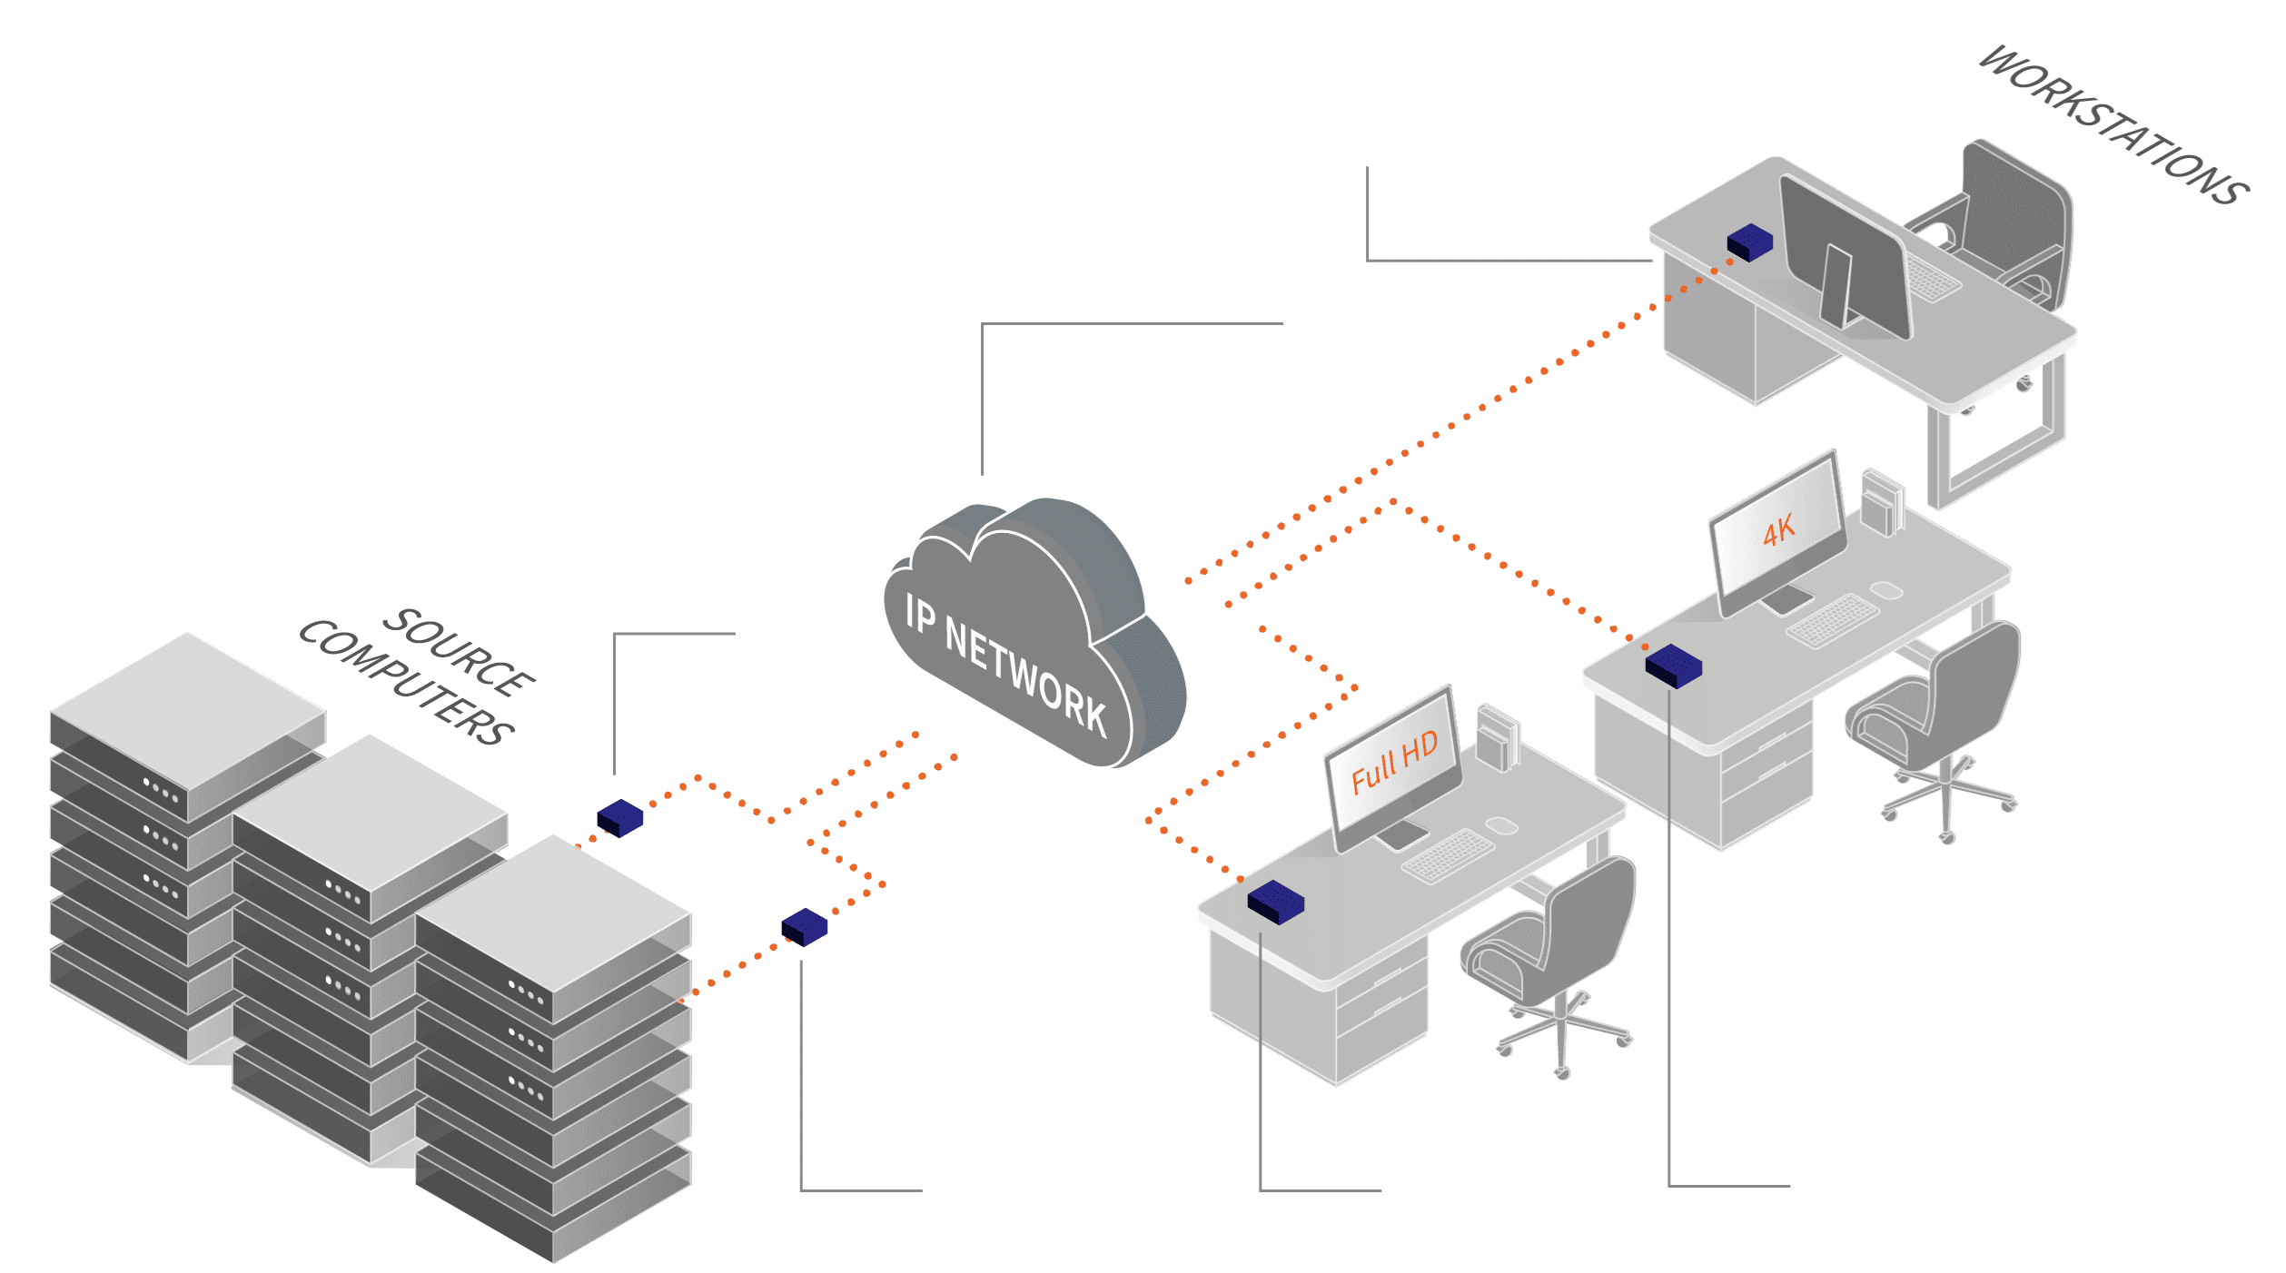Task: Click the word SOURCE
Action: point(459,652)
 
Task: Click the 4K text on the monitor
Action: point(1778,530)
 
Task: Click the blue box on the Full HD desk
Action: point(1275,902)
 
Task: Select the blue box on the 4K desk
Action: point(1673,666)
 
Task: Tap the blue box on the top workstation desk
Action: point(1749,242)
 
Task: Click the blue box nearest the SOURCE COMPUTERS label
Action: point(620,817)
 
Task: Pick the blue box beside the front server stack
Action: point(805,926)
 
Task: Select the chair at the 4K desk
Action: point(1944,708)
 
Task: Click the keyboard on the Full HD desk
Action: point(1448,854)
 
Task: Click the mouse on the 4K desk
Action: point(1887,590)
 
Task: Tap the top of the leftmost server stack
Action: point(188,708)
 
